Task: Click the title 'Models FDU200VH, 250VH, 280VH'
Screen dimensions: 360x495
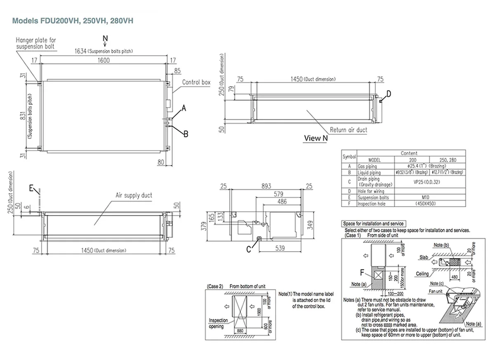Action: pos(73,20)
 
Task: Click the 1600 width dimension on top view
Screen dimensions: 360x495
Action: pos(104,61)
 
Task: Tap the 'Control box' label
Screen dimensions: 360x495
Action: pos(196,82)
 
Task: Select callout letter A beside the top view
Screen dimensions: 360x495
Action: pos(184,108)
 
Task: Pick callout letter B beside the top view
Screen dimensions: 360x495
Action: pos(186,134)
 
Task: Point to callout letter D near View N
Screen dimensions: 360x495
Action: pos(388,94)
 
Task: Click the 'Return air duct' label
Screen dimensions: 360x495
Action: pos(348,129)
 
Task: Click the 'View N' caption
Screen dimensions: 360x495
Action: pos(316,138)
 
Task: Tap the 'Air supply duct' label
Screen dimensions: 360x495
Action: pos(133,195)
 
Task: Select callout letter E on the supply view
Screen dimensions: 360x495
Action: pos(32,188)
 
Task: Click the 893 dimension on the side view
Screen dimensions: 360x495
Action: pos(267,186)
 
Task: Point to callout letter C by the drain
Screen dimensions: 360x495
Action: pos(249,249)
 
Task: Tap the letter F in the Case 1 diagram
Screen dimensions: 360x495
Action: pos(362,272)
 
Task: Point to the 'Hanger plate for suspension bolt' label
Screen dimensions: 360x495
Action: pos(36,43)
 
